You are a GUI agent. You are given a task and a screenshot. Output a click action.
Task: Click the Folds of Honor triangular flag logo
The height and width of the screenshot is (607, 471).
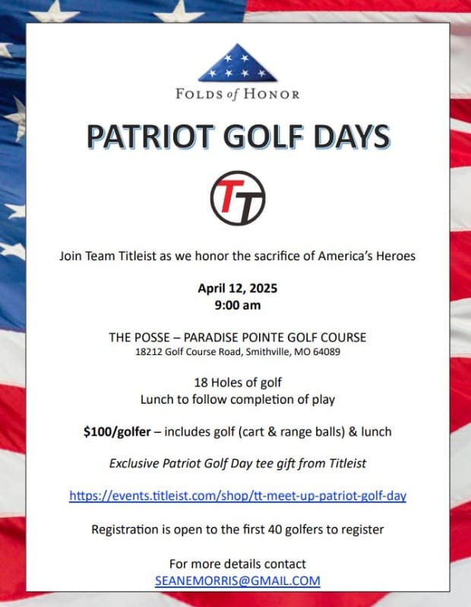(237, 64)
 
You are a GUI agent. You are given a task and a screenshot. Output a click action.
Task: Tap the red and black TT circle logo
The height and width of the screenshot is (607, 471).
(237, 198)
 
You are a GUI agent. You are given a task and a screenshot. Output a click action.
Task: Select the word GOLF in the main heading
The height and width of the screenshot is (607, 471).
(262, 137)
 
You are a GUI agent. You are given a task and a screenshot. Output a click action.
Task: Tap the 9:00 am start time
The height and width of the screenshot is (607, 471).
(237, 307)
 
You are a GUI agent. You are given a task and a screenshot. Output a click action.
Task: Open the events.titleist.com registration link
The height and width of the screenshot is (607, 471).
(237, 495)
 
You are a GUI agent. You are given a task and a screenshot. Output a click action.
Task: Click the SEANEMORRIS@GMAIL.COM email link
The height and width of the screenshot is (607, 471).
(237, 580)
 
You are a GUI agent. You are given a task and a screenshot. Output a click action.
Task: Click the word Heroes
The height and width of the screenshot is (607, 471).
(394, 256)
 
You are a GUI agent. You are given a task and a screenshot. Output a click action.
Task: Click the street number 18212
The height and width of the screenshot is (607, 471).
(149, 352)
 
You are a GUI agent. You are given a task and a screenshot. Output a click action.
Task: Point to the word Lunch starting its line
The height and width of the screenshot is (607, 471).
(157, 398)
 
